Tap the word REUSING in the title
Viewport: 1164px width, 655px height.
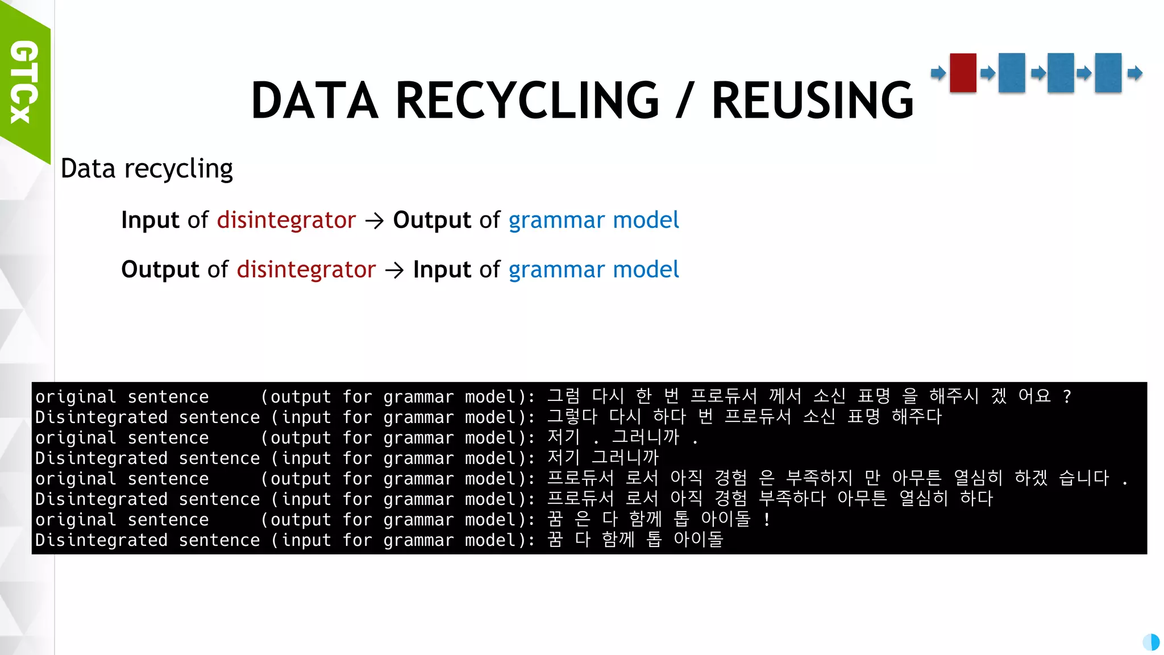coord(812,101)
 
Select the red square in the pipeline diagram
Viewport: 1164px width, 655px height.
coord(963,73)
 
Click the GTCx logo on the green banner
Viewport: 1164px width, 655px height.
coord(24,82)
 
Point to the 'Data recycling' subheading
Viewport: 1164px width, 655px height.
coord(147,169)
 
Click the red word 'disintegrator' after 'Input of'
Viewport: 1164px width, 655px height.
coord(286,220)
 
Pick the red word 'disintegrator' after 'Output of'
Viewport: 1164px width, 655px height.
coord(306,270)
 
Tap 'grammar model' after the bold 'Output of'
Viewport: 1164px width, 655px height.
coord(593,220)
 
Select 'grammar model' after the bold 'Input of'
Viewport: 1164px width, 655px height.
coord(593,270)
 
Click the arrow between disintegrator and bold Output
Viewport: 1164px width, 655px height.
coord(375,221)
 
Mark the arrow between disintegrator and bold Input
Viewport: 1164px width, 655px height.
coord(394,270)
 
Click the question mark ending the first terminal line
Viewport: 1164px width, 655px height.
coord(1067,396)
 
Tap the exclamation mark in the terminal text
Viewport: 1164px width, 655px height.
coord(767,519)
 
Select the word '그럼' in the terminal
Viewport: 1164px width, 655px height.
coord(564,396)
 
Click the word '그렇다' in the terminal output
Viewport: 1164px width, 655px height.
coord(572,417)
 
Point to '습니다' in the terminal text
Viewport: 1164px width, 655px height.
coord(1084,478)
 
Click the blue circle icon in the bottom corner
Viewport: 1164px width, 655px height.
coord(1151,642)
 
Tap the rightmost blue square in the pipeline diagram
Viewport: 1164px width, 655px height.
coord(1108,73)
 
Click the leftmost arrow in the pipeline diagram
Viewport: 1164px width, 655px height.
coord(938,73)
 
